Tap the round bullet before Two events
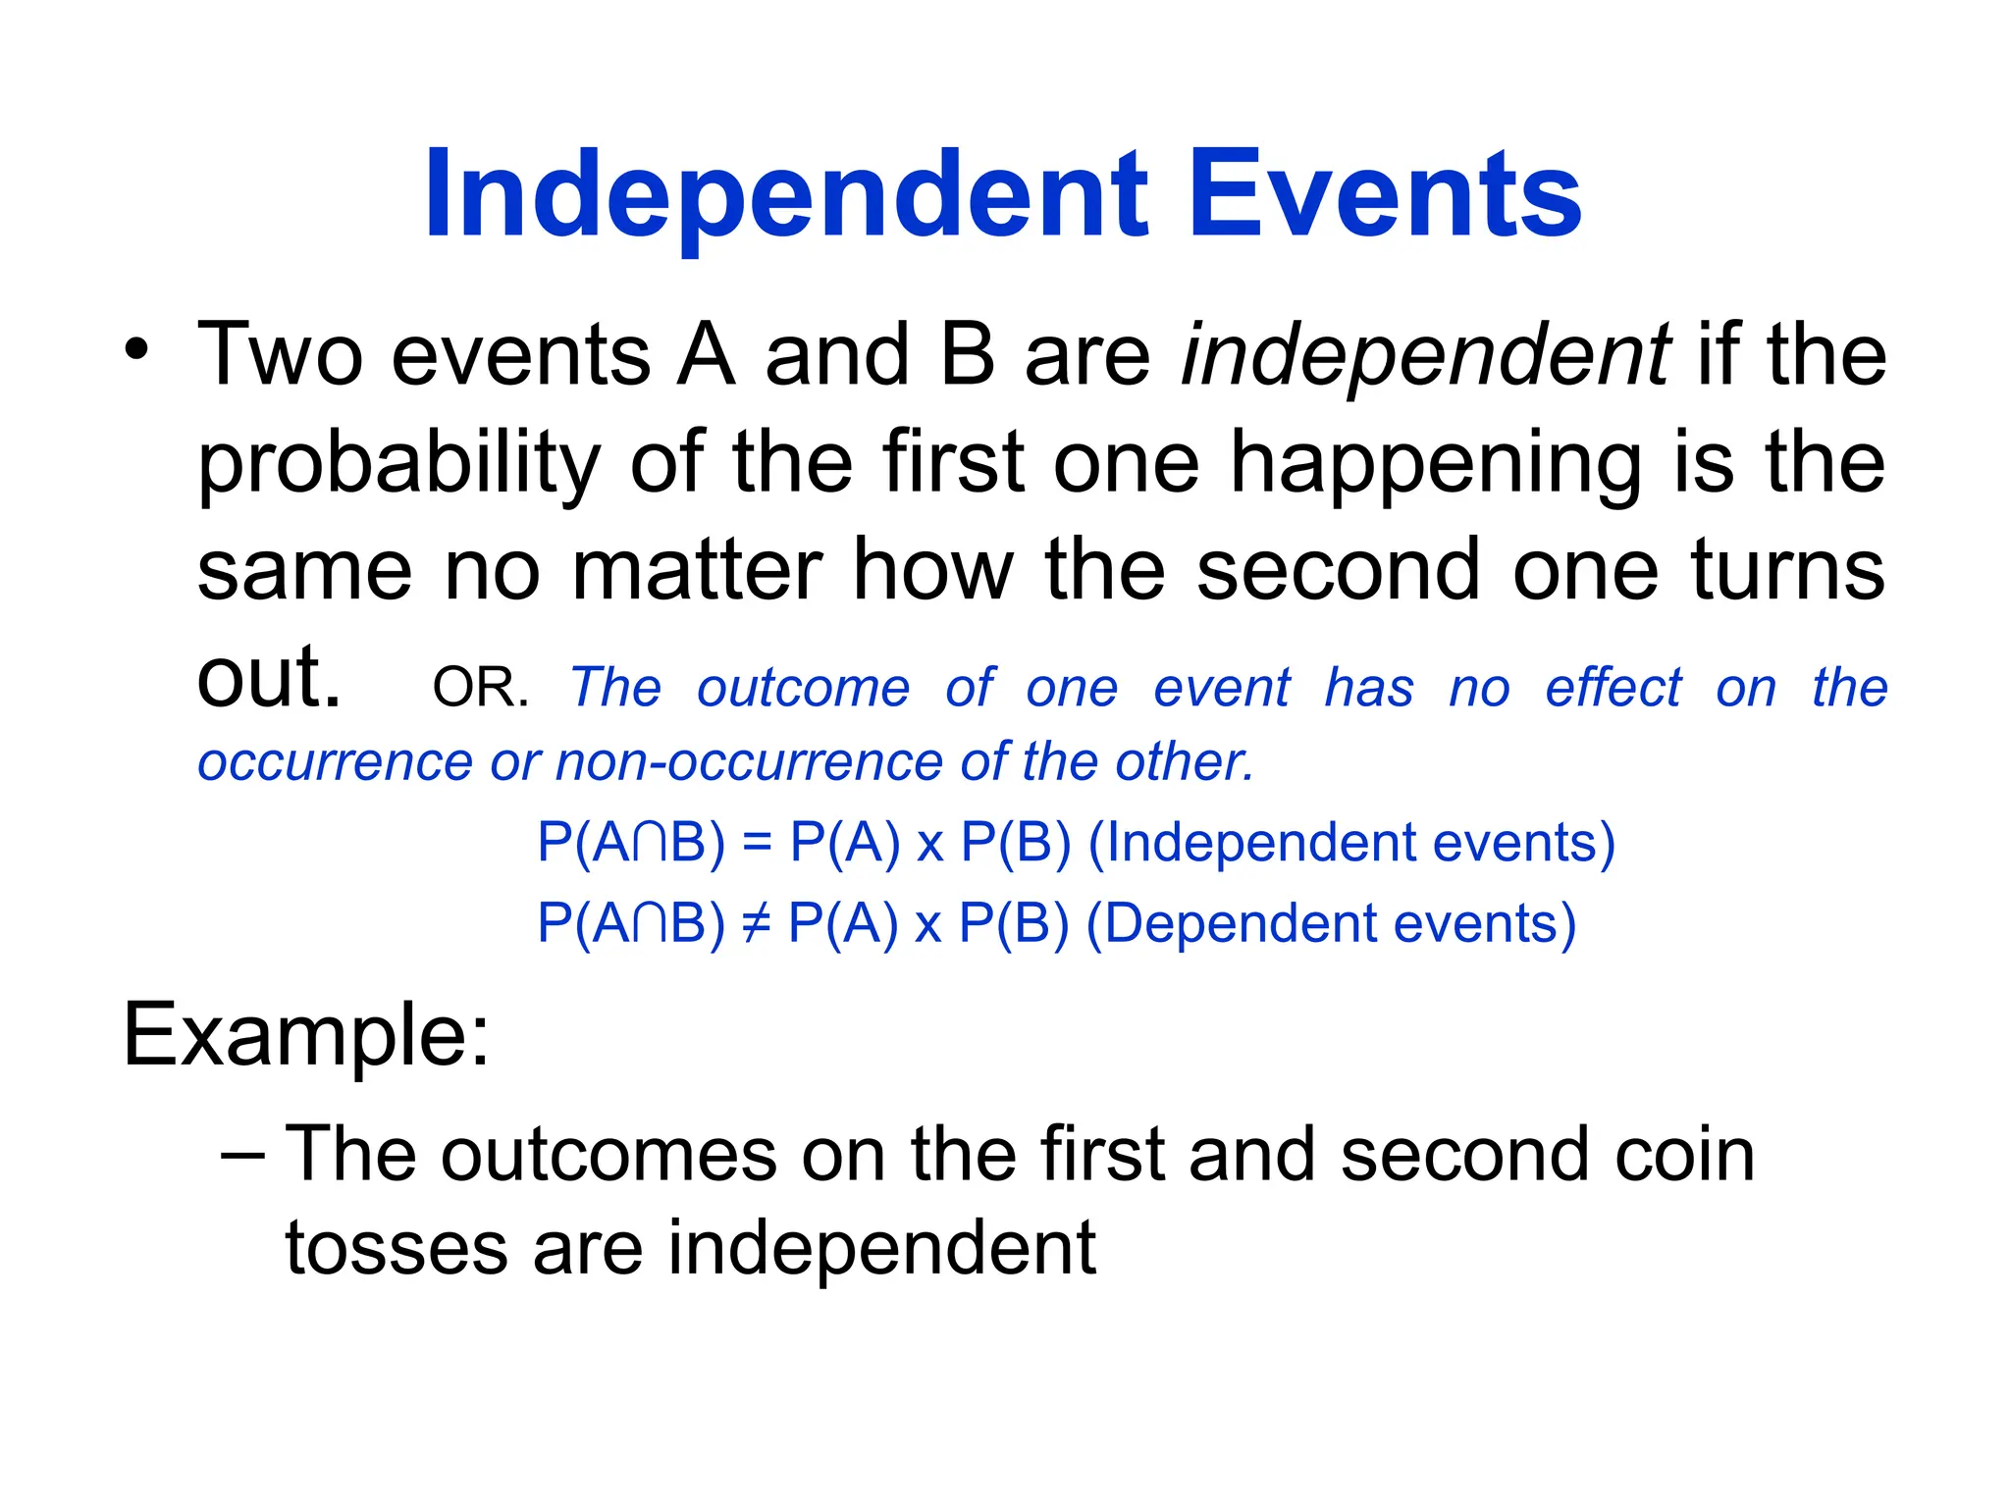[x=136, y=349]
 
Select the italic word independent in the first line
[x=1425, y=355]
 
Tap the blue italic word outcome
[x=803, y=688]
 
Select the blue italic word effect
[x=1613, y=688]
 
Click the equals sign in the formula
[x=757, y=843]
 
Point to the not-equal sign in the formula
[x=756, y=923]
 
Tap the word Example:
[x=305, y=1036]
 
